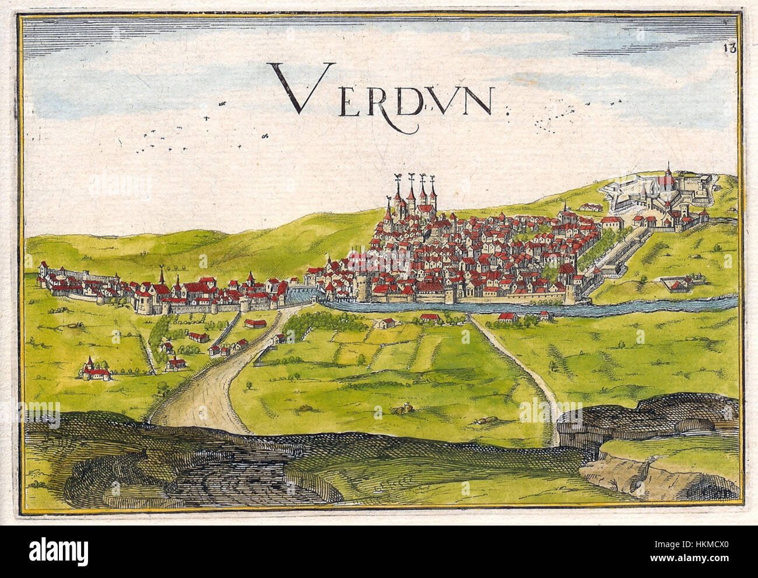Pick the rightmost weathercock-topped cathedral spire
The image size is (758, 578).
tap(433, 192)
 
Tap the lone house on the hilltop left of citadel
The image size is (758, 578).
tap(590, 206)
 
